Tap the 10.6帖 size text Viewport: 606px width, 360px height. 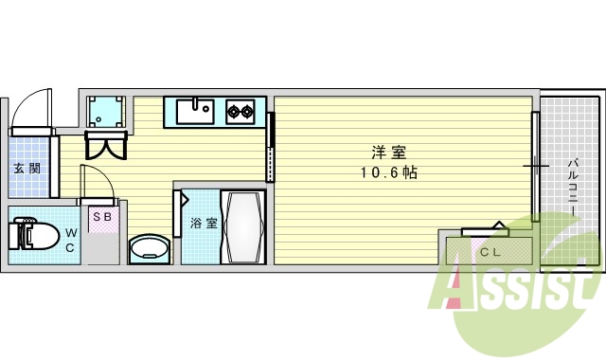click(388, 172)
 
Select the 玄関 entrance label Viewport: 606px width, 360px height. click(27, 169)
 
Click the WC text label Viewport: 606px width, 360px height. click(70, 241)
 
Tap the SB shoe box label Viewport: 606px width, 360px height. click(101, 217)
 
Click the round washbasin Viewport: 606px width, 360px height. click(148, 249)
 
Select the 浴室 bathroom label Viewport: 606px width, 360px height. click(204, 224)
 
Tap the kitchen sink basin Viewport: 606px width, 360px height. click(196, 112)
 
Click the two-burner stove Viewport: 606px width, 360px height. click(241, 112)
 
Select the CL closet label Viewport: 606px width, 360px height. click(489, 252)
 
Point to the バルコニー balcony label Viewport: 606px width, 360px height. click(573, 186)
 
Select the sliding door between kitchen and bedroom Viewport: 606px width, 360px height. click(272, 147)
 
